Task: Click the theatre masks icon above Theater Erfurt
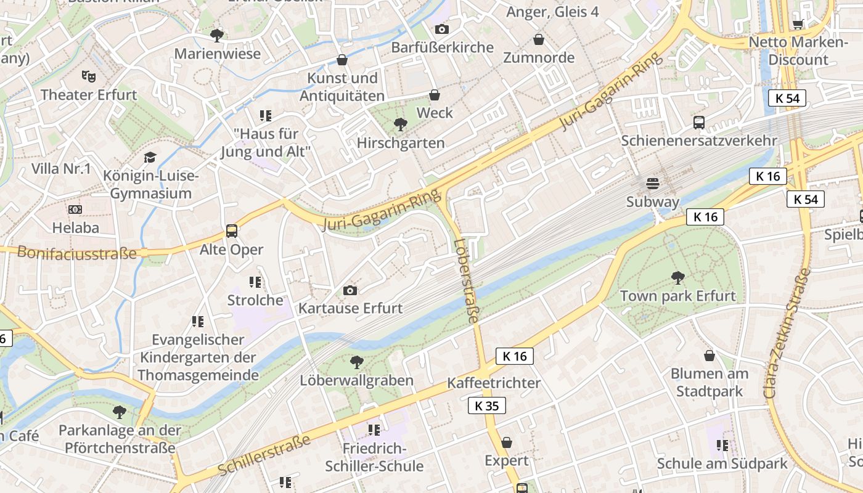[x=89, y=76]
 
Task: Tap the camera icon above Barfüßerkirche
[x=441, y=29]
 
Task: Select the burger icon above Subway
[x=652, y=184]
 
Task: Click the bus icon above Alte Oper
[x=232, y=231]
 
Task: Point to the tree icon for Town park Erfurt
[x=677, y=277]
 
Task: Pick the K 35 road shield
[x=486, y=405]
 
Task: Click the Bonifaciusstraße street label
[x=77, y=253]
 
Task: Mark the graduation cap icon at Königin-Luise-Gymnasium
[x=150, y=158]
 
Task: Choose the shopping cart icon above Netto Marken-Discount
[x=798, y=24]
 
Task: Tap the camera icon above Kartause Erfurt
[x=350, y=290]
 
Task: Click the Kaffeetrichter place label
[x=493, y=383]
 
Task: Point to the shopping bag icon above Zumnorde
[x=539, y=39]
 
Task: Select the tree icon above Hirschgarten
[x=400, y=124]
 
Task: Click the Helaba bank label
[x=75, y=227]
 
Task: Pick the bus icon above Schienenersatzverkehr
[x=698, y=122]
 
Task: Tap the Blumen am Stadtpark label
[x=709, y=382]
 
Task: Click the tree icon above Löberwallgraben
[x=356, y=362]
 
